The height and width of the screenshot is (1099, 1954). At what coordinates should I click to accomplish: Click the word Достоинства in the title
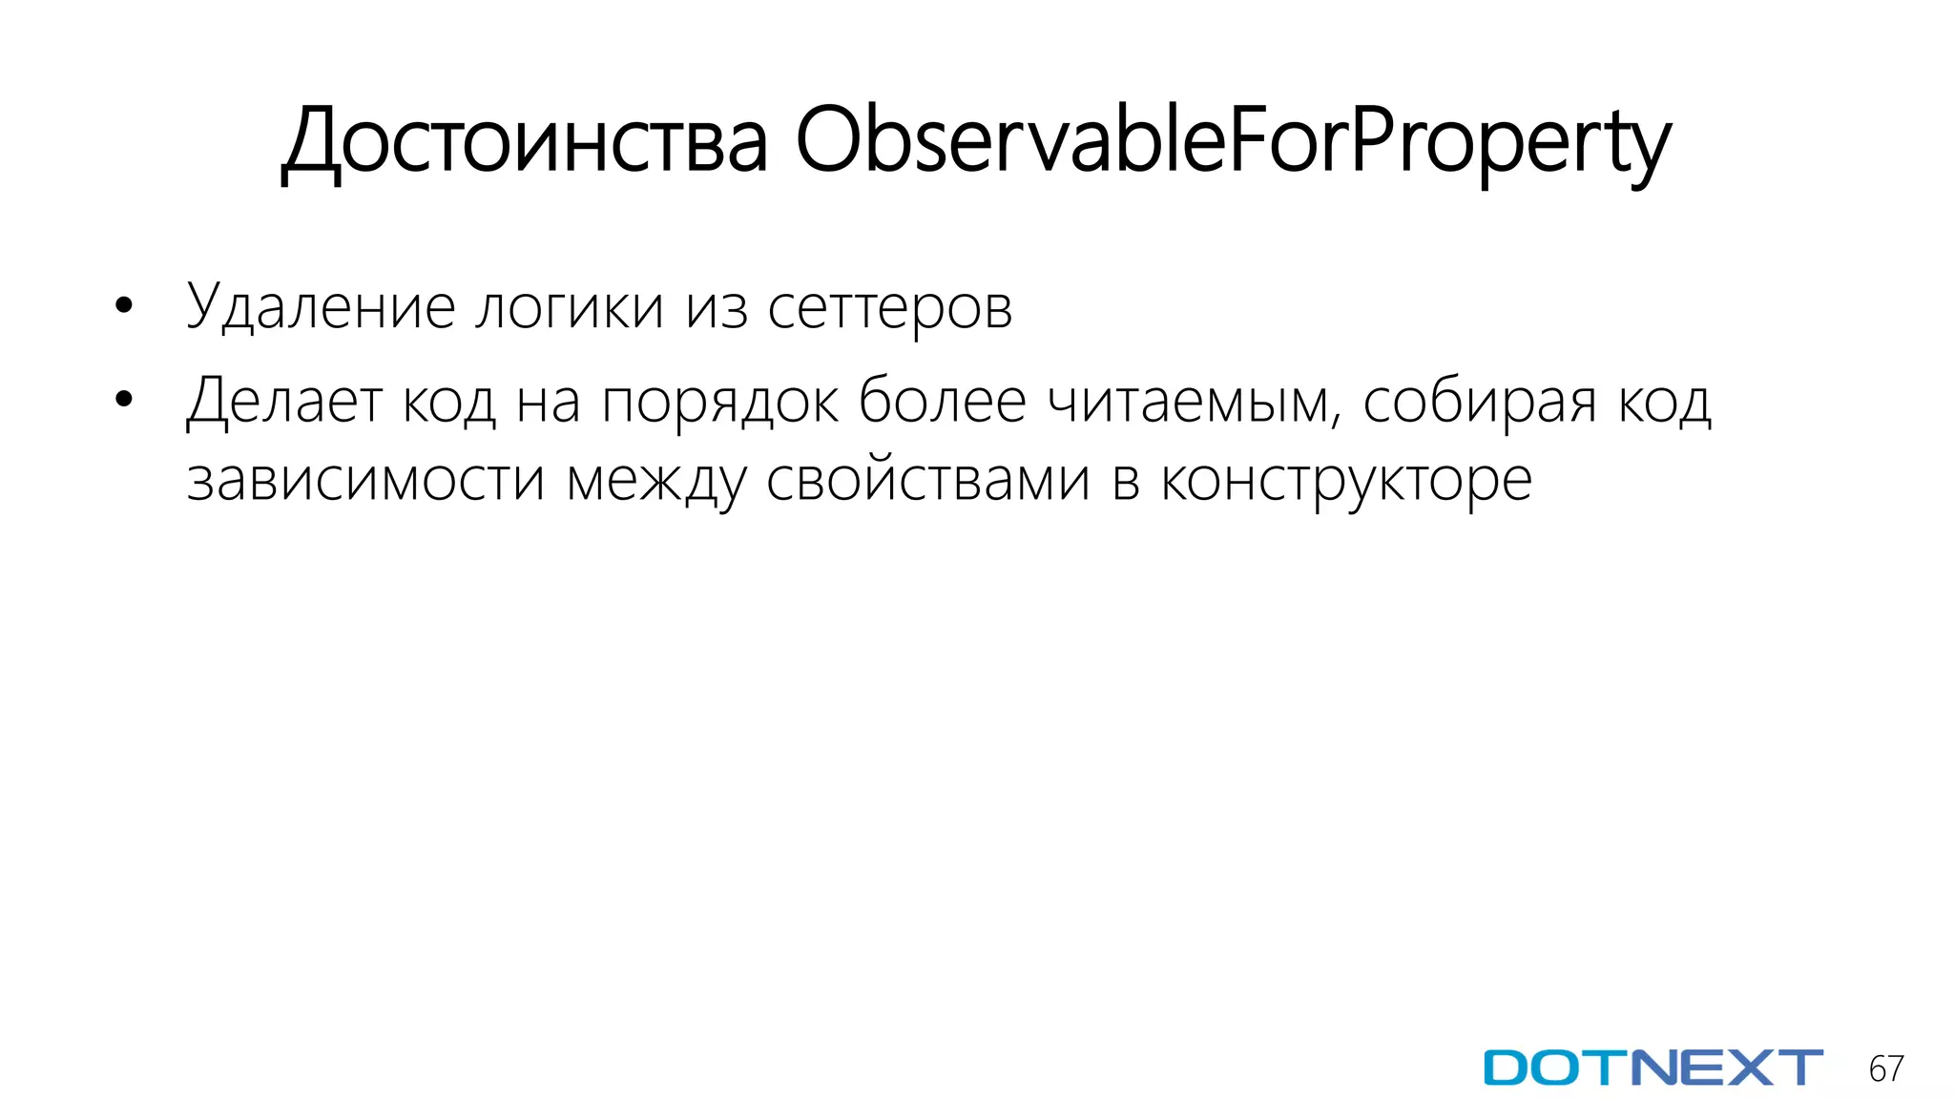(x=525, y=143)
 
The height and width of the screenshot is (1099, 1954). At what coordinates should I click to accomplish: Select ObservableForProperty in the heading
(x=1233, y=143)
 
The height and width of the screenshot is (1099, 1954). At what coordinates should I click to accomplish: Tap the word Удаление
(x=320, y=308)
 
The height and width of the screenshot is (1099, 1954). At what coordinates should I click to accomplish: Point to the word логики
(x=569, y=308)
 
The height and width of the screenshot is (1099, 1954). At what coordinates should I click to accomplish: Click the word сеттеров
(x=889, y=308)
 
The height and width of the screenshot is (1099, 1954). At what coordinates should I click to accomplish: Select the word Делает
(x=284, y=402)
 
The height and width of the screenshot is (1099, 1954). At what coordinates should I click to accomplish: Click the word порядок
(x=720, y=402)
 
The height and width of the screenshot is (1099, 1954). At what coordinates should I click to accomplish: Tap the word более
(x=942, y=402)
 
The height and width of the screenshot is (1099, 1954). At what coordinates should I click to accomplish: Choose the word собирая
(x=1479, y=402)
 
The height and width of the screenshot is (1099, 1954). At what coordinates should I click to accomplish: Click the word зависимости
(x=365, y=480)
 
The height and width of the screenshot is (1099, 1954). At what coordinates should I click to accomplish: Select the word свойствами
(x=927, y=480)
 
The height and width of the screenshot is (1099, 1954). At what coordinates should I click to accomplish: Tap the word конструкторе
(x=1346, y=480)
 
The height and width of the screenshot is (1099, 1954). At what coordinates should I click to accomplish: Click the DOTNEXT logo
(x=1653, y=1068)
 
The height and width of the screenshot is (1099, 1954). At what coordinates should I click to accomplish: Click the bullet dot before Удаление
(x=123, y=307)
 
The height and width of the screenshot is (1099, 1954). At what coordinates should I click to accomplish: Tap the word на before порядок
(x=549, y=402)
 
